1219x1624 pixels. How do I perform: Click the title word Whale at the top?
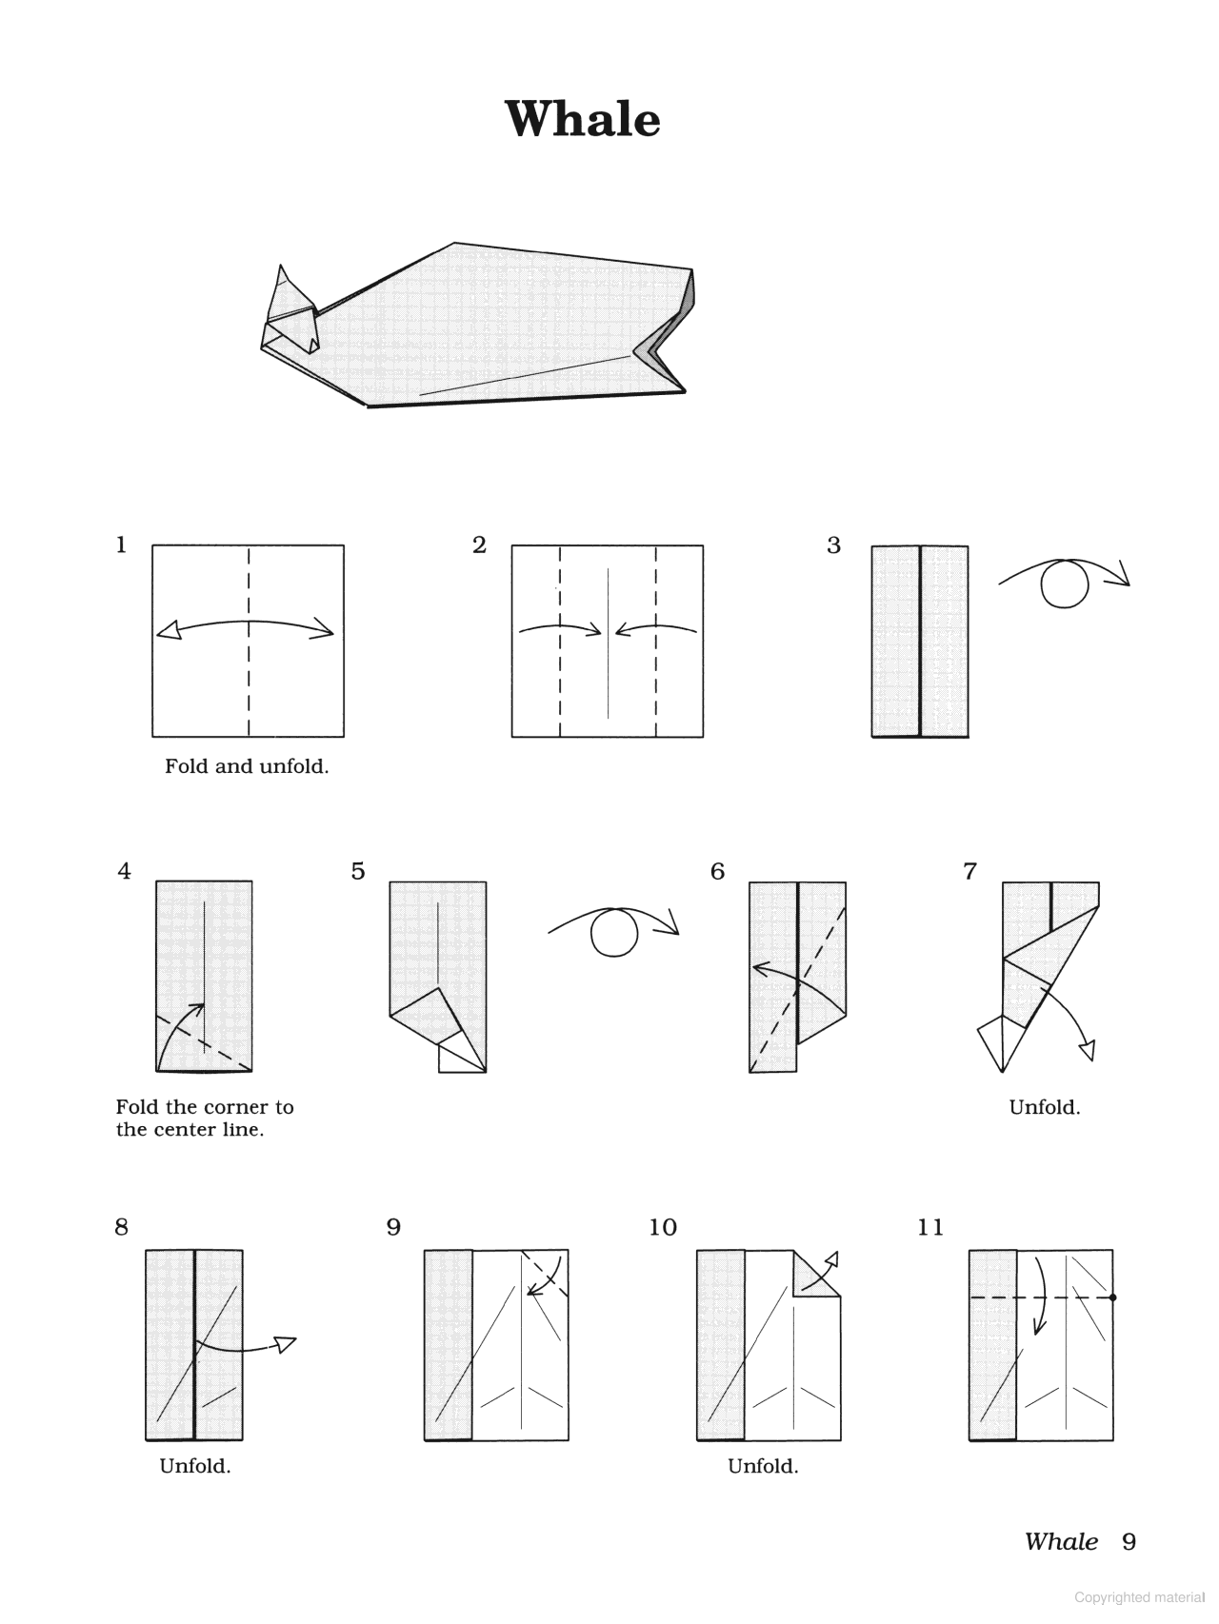pyautogui.click(x=582, y=120)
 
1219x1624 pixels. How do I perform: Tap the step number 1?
pyautogui.click(x=121, y=545)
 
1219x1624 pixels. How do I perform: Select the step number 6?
pyautogui.click(x=717, y=872)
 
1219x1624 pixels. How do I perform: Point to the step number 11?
pyautogui.click(x=930, y=1228)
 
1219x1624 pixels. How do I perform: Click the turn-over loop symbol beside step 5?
pyautogui.click(x=614, y=932)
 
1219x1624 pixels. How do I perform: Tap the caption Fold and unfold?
pyautogui.click(x=247, y=767)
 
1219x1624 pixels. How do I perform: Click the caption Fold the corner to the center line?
pyautogui.click(x=204, y=1119)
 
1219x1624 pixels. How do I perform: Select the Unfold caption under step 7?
pyautogui.click(x=1044, y=1108)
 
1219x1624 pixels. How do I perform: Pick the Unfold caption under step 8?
pyautogui.click(x=194, y=1467)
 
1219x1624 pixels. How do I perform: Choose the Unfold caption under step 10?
pyautogui.click(x=763, y=1467)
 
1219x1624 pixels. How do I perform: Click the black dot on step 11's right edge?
pyautogui.click(x=1112, y=1297)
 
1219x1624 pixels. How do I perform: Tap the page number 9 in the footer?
pyautogui.click(x=1129, y=1542)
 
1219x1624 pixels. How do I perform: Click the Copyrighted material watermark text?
pyautogui.click(x=1138, y=1598)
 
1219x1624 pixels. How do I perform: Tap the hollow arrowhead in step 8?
pyautogui.click(x=286, y=1343)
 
